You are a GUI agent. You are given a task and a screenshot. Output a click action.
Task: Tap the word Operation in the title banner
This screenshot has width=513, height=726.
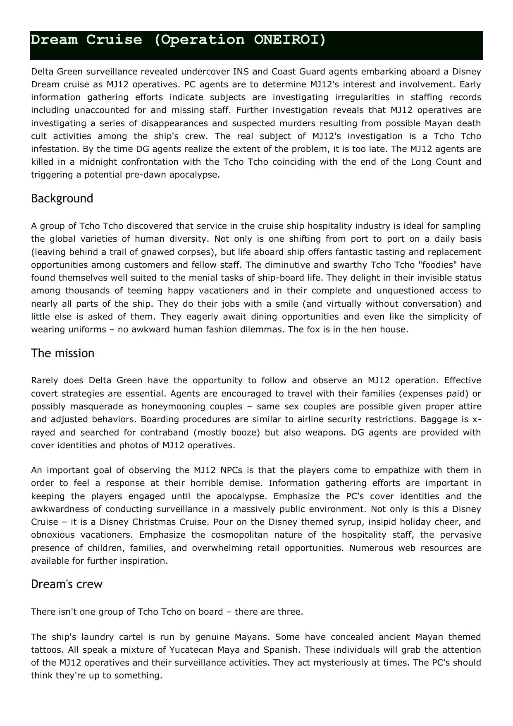pos(199,40)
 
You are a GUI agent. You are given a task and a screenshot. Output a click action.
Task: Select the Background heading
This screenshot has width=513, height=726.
pos(62,199)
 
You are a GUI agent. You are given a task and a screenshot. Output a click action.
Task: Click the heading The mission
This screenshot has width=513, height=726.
pos(63,353)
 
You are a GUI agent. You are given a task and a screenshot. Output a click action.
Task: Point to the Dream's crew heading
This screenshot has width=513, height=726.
pos(67,584)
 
